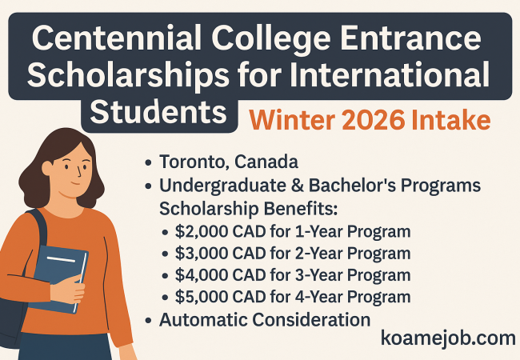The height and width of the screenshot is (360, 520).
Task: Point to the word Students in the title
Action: [x=158, y=111]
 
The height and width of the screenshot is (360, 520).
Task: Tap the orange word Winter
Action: [x=292, y=120]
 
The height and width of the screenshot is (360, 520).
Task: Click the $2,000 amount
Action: [x=202, y=231]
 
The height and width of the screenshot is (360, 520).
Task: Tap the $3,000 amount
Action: [x=202, y=254]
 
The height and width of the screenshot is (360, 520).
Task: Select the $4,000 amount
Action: [x=202, y=275]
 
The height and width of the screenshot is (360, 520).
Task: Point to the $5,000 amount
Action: [x=202, y=297]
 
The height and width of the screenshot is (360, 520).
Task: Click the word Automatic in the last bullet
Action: [x=203, y=320]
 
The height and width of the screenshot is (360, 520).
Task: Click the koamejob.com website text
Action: [x=448, y=338]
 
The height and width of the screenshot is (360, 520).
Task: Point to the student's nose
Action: [x=78, y=170]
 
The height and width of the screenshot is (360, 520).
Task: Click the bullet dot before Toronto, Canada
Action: [x=148, y=162]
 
